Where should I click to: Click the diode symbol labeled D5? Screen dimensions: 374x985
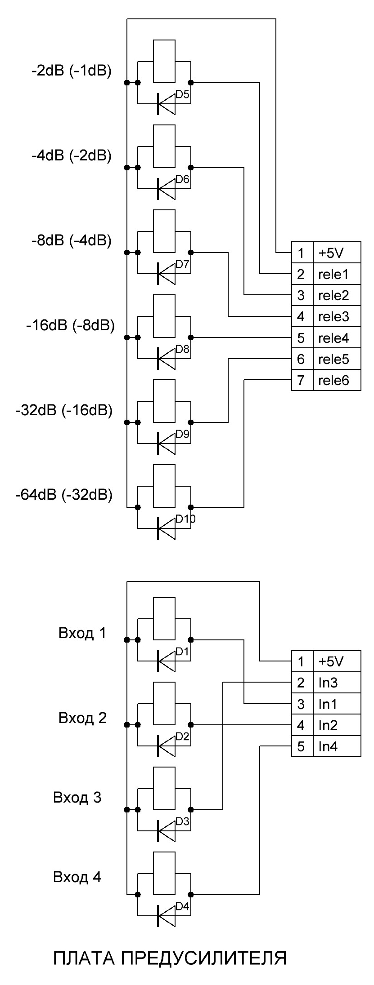166,104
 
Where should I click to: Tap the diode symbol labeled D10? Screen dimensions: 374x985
166,528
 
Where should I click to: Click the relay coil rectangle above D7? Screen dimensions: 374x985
164,231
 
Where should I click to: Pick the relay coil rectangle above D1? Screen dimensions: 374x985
164,618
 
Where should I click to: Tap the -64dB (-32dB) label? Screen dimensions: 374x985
63,495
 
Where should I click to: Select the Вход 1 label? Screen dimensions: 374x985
82,633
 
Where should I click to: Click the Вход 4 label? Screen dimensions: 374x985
77,877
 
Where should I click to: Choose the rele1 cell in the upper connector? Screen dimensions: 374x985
337,274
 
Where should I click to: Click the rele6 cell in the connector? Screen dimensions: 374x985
337,381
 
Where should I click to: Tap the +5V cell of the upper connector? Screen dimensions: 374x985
337,253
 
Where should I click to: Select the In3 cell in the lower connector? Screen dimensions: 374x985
337,683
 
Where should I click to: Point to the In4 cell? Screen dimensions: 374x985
337,747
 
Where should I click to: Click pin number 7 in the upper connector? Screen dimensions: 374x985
302,381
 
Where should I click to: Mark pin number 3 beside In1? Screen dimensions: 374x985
302,704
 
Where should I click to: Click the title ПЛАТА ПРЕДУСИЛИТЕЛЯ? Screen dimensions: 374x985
170,958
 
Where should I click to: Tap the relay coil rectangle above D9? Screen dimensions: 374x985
164,401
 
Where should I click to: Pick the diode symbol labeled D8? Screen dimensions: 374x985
166,358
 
